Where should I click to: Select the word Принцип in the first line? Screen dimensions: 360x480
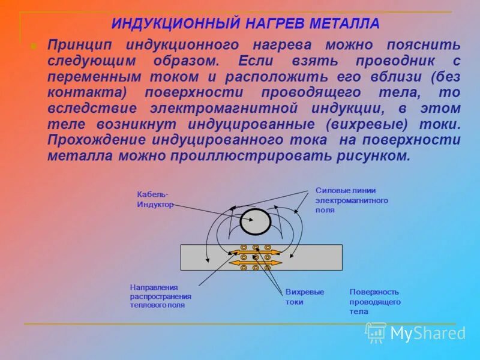(x=79, y=46)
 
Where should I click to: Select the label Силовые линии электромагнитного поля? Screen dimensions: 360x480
(x=352, y=200)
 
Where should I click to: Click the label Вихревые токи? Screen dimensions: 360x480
(x=304, y=296)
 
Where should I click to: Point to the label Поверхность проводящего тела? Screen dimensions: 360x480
(x=374, y=301)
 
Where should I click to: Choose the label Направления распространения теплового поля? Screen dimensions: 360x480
(x=161, y=296)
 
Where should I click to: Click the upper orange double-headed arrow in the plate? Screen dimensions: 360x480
(x=256, y=253)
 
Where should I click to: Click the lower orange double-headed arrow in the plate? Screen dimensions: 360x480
(x=256, y=263)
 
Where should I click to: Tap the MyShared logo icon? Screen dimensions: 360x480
(x=376, y=332)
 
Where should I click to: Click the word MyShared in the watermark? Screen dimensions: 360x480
(x=427, y=334)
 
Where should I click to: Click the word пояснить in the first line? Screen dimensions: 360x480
(x=431, y=46)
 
